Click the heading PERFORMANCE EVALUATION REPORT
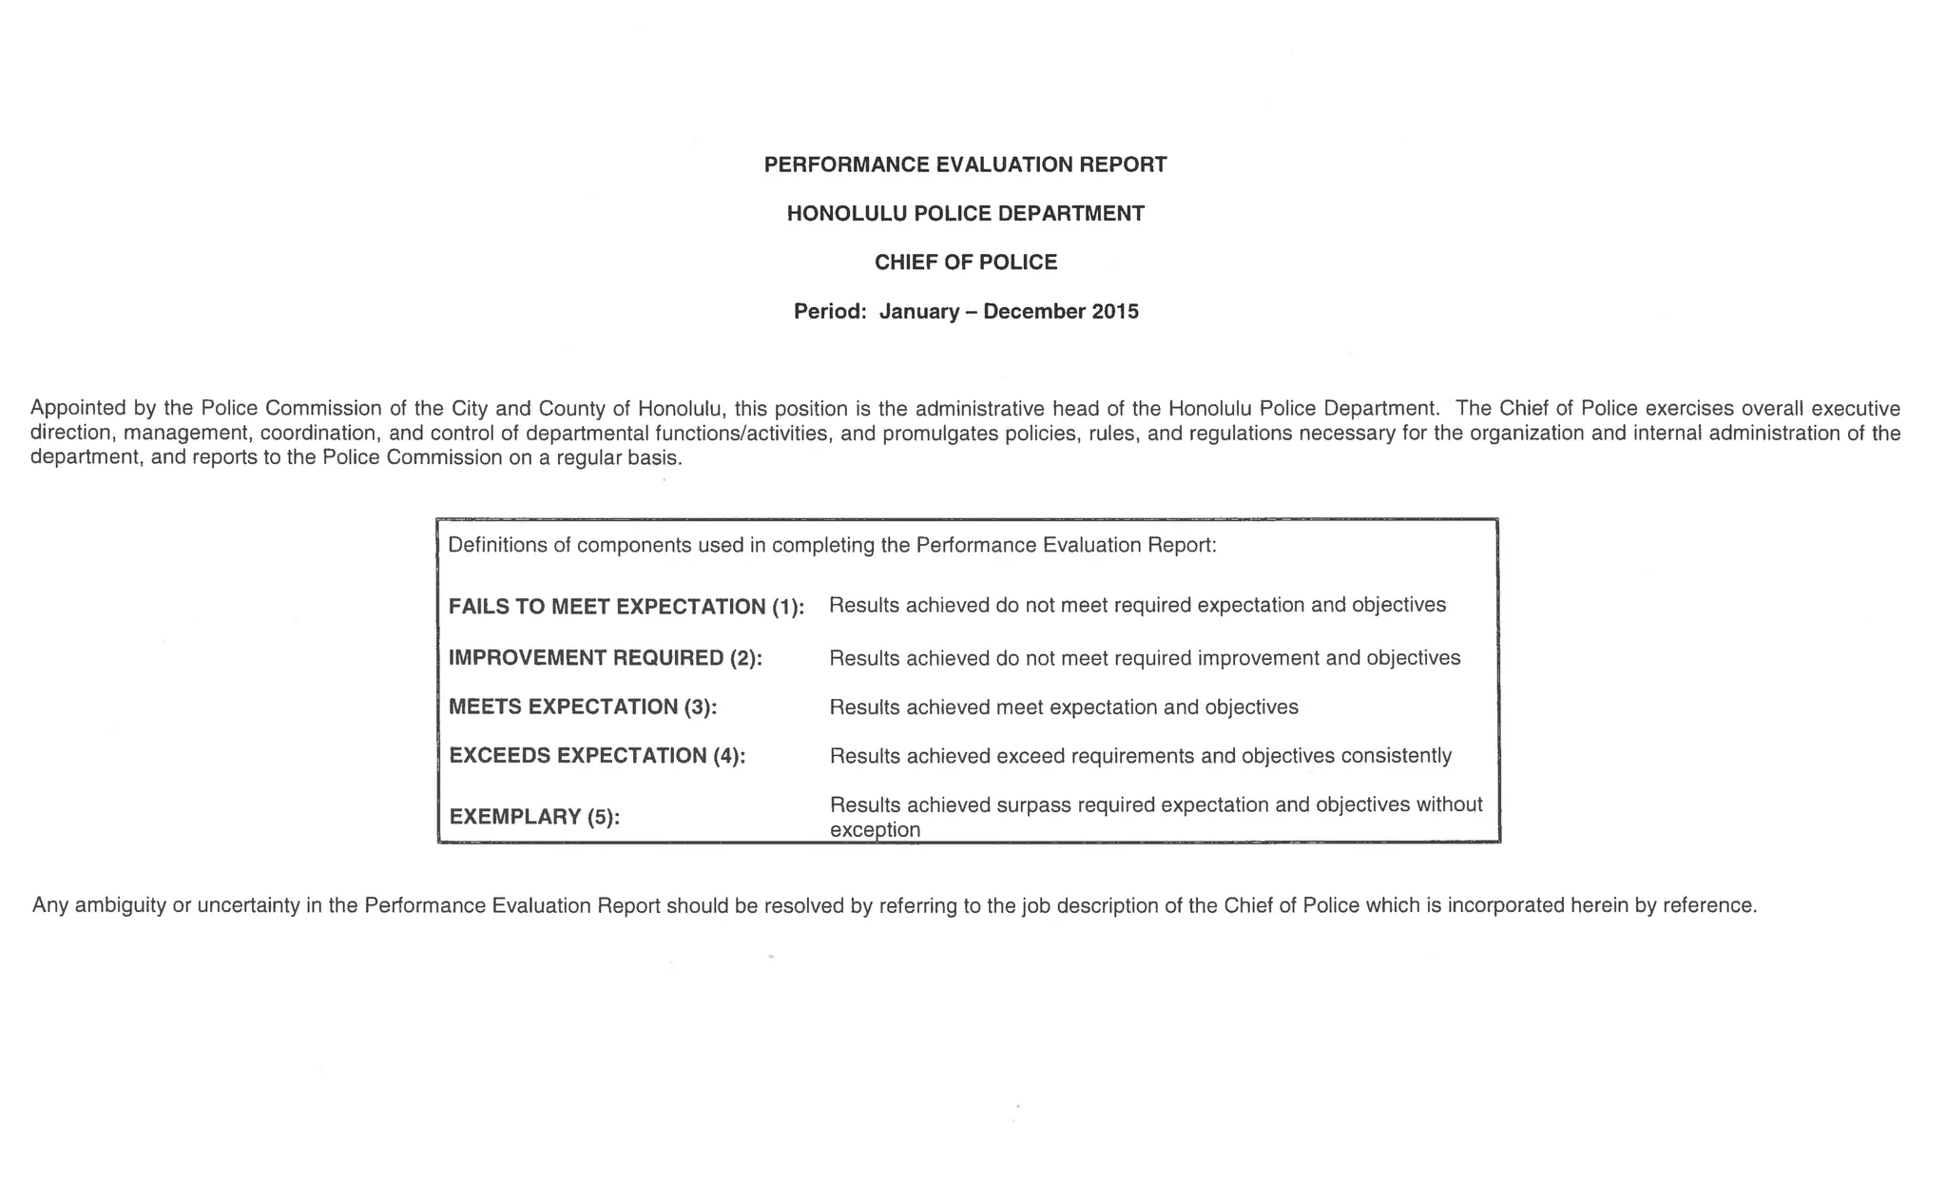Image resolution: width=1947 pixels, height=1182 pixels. [x=965, y=165]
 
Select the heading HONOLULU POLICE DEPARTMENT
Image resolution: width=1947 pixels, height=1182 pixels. [x=965, y=213]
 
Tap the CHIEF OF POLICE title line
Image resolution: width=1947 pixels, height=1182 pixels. [x=965, y=262]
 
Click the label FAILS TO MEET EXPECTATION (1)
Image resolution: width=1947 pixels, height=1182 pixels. [x=626, y=607]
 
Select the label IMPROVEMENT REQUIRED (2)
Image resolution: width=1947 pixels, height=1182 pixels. [x=605, y=658]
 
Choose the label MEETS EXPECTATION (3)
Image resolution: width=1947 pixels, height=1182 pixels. [x=582, y=707]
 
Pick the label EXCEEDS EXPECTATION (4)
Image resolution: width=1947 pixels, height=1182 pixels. [x=597, y=756]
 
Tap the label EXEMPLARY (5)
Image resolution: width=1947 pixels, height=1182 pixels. [x=533, y=817]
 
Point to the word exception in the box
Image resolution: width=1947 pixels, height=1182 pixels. [x=875, y=829]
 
